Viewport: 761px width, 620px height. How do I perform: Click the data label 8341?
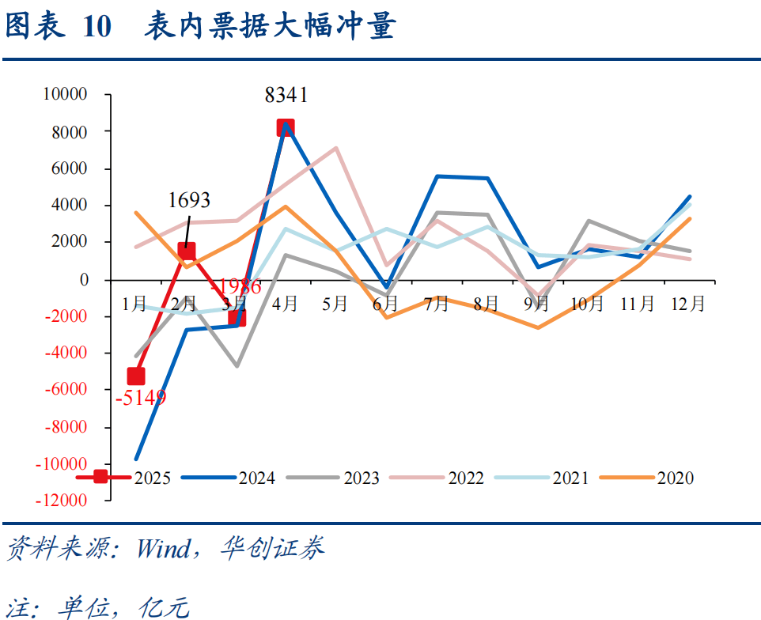pyautogui.click(x=286, y=96)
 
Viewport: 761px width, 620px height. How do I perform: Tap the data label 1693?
pyautogui.click(x=189, y=201)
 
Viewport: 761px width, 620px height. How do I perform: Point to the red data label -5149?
pyautogui.click(x=141, y=397)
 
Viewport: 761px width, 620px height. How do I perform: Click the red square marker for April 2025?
pyautogui.click(x=286, y=127)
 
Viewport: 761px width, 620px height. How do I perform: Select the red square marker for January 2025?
pyautogui.click(x=136, y=376)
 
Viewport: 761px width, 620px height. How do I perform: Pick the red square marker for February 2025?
pyautogui.click(x=186, y=251)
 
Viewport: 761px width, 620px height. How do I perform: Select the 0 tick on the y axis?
pyautogui.click(x=83, y=280)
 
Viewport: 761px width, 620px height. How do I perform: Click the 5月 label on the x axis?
pyautogui.click(x=335, y=304)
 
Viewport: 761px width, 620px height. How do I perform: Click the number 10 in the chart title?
pyautogui.click(x=96, y=27)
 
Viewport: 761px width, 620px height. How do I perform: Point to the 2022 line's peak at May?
pyautogui.click(x=336, y=148)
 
